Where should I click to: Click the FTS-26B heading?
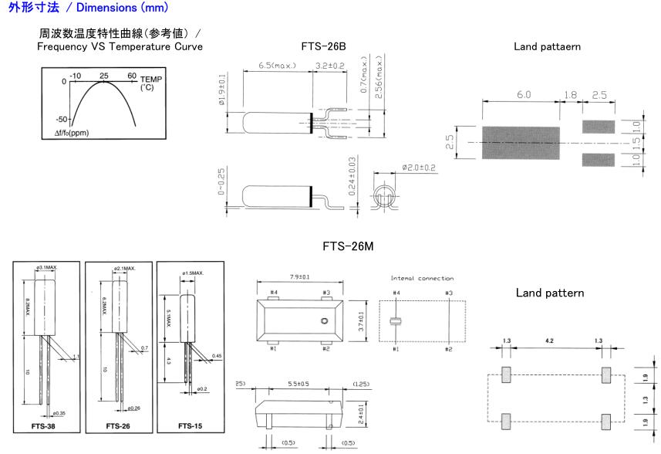(x=324, y=46)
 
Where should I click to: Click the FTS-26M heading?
(x=349, y=247)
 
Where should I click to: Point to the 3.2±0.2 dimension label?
(x=331, y=66)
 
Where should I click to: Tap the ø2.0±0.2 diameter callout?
(x=419, y=167)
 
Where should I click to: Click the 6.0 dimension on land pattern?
(x=524, y=94)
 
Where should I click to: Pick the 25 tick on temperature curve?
(x=103, y=76)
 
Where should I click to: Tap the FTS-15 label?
(x=189, y=425)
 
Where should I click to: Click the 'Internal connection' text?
(x=422, y=278)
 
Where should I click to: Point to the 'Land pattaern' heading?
(x=547, y=46)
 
